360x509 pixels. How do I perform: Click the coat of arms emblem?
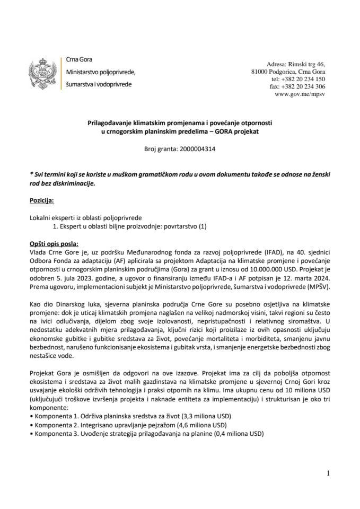click(x=45, y=72)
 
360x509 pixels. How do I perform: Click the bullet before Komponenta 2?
click(x=31, y=426)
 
